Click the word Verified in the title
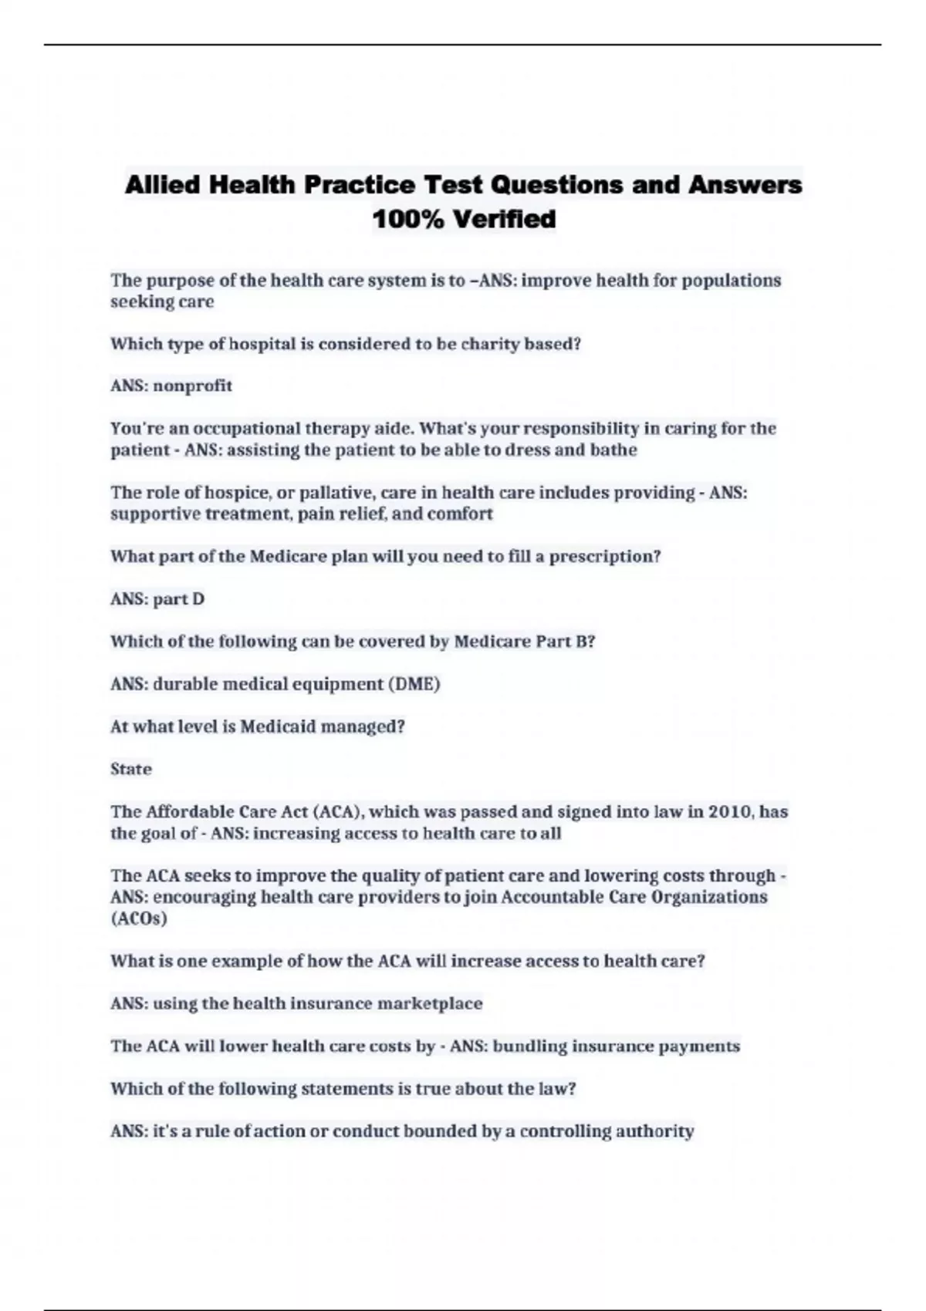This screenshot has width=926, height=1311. [504, 220]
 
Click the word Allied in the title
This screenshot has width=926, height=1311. [162, 185]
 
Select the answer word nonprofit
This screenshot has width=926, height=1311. [192, 386]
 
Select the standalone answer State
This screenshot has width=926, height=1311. [131, 769]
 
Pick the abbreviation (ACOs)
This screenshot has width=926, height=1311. [139, 918]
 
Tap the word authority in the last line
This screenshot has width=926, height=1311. [656, 1131]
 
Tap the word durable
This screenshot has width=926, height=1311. [185, 684]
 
